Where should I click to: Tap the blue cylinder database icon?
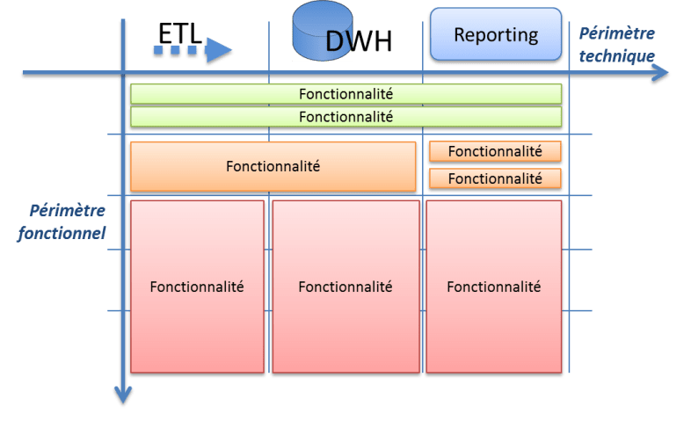[x=315, y=31]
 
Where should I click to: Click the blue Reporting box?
[x=495, y=35]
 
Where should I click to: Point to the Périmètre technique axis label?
[x=618, y=43]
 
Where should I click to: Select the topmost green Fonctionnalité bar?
[x=345, y=93]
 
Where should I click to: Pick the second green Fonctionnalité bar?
[x=345, y=116]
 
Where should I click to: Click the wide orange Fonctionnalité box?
[x=273, y=165]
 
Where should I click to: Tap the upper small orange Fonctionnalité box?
[x=494, y=151]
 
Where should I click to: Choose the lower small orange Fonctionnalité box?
[x=494, y=178]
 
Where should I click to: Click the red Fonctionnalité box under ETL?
[x=197, y=287]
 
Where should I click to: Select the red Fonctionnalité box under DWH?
[x=345, y=287]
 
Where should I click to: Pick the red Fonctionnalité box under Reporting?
[x=493, y=287]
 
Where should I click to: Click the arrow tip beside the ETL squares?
[x=230, y=50]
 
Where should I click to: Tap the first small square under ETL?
[x=158, y=53]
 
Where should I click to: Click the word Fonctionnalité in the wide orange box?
[x=273, y=165]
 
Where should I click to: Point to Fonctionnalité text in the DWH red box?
[x=345, y=287]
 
